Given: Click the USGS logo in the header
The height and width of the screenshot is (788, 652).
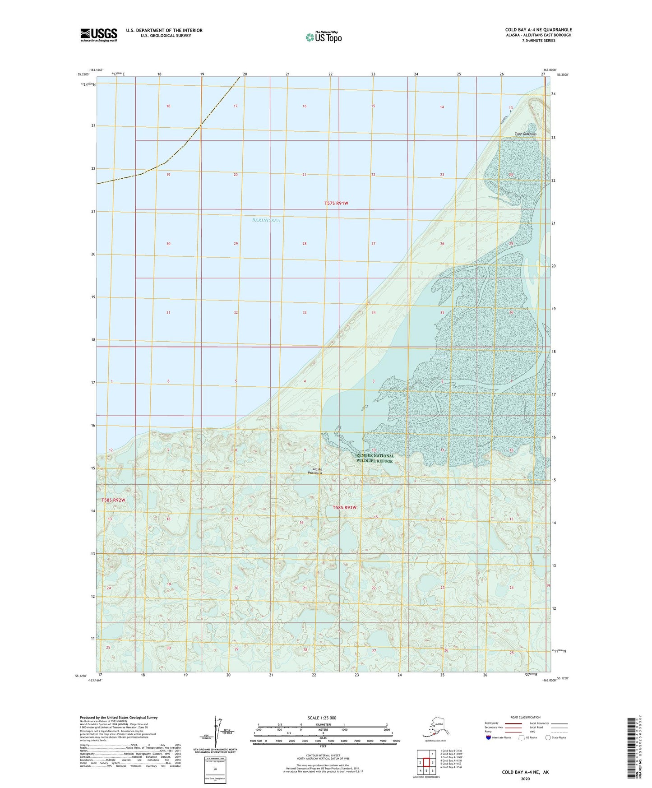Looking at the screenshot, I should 98,35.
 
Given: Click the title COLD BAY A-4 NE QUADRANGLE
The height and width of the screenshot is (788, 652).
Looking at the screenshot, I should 538,30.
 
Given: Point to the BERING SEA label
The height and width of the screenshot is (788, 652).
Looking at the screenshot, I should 266,220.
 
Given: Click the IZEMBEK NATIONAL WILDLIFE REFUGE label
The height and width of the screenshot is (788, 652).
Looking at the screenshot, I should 375,458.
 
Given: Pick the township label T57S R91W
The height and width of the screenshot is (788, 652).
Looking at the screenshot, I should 336,204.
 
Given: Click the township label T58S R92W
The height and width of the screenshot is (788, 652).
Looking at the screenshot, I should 113,500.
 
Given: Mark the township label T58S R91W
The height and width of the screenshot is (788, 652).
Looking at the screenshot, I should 345,508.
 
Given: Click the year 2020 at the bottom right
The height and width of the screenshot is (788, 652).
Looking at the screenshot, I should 525,779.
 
